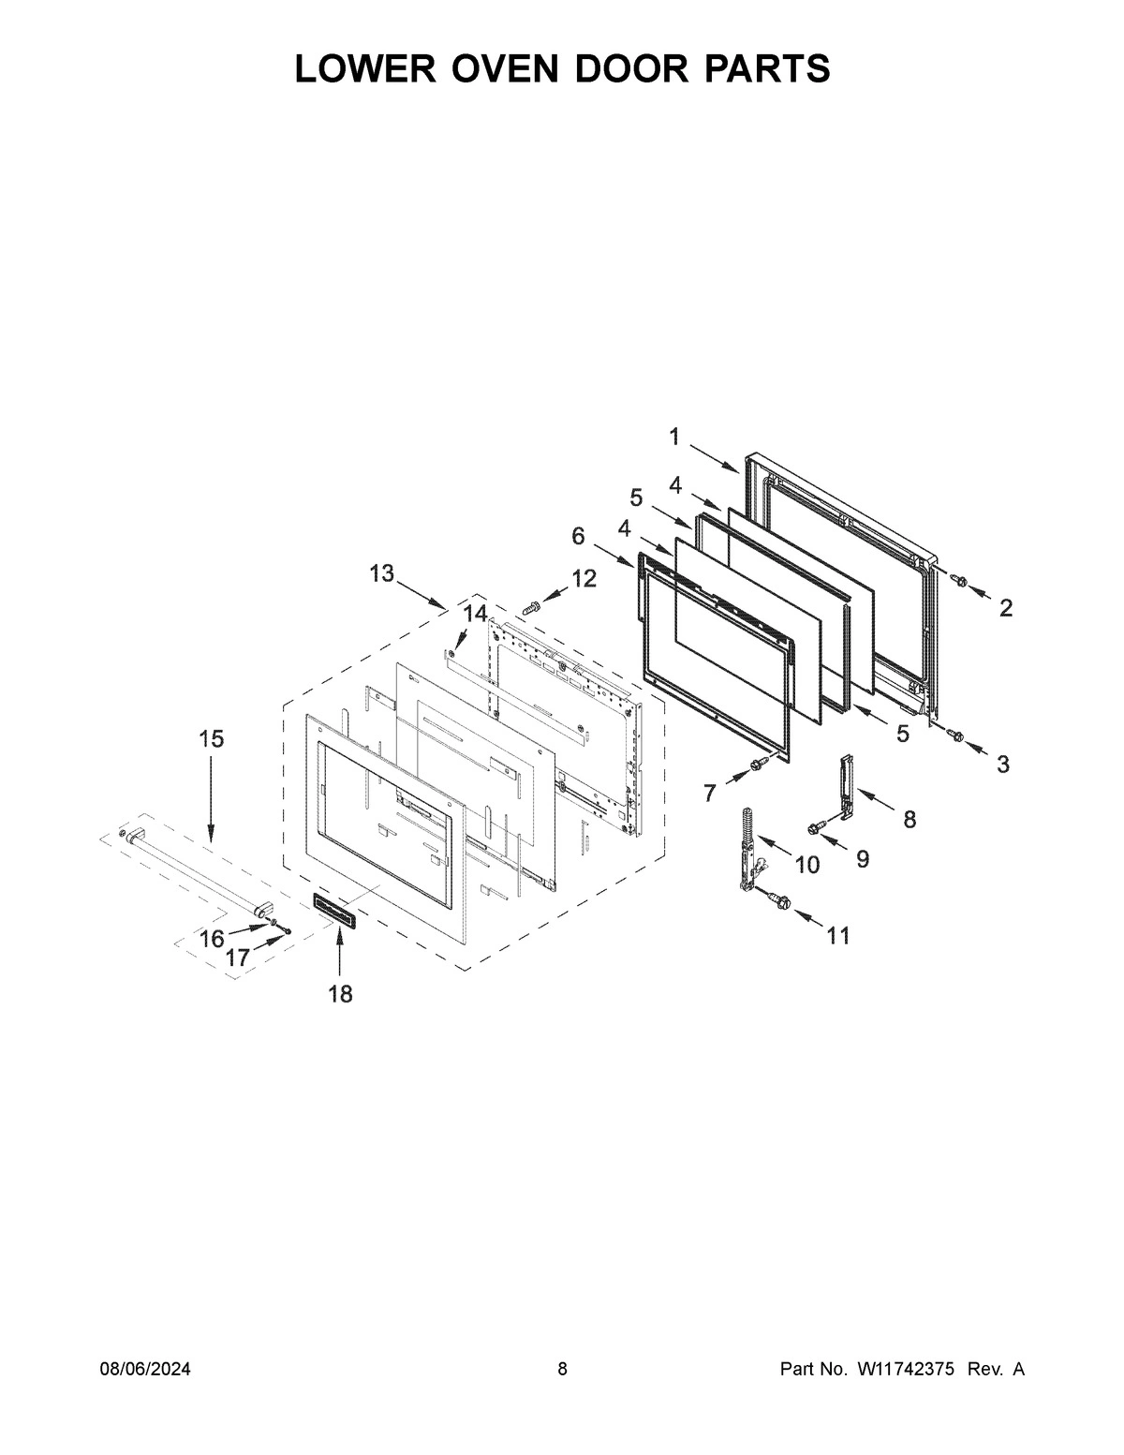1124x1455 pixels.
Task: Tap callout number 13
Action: click(x=381, y=573)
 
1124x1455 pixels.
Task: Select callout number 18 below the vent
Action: click(x=340, y=994)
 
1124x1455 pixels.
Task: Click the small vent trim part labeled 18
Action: click(x=334, y=909)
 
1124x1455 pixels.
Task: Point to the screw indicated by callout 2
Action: click(x=957, y=581)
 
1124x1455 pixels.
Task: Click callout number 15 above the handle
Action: click(x=211, y=739)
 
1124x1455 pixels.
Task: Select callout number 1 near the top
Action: click(x=674, y=436)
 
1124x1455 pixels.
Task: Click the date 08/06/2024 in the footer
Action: click(x=145, y=1370)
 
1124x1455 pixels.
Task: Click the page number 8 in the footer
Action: click(x=562, y=1370)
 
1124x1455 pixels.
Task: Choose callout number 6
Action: click(x=578, y=536)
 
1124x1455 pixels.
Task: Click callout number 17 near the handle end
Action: click(x=238, y=958)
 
